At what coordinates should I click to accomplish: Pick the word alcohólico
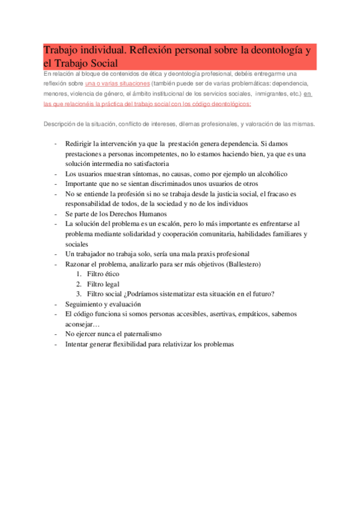(266, 173)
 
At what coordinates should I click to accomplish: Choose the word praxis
(191, 254)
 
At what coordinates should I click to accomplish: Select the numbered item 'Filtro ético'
(103, 274)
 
